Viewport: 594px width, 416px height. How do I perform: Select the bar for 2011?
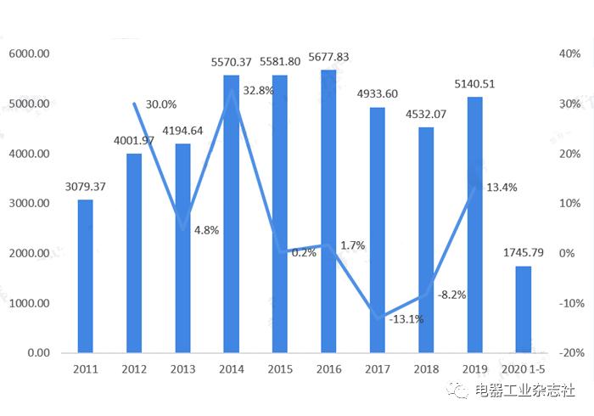pos(85,276)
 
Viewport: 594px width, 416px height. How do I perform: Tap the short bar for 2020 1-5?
pos(524,309)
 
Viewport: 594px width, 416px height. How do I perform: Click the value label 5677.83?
pos(328,58)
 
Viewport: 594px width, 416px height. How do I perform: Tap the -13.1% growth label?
pos(406,319)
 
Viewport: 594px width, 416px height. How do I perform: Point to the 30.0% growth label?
pos(160,104)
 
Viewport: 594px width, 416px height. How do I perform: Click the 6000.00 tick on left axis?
pos(30,54)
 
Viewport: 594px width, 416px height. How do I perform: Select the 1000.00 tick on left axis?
pos(30,303)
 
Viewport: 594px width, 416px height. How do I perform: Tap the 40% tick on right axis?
pos(569,54)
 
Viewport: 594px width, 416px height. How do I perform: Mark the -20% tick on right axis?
pos(569,353)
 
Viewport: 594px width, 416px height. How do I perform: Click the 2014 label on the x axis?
pos(231,369)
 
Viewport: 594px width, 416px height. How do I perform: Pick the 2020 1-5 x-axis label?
pos(524,369)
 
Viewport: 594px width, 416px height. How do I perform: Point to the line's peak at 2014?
pos(231,90)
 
